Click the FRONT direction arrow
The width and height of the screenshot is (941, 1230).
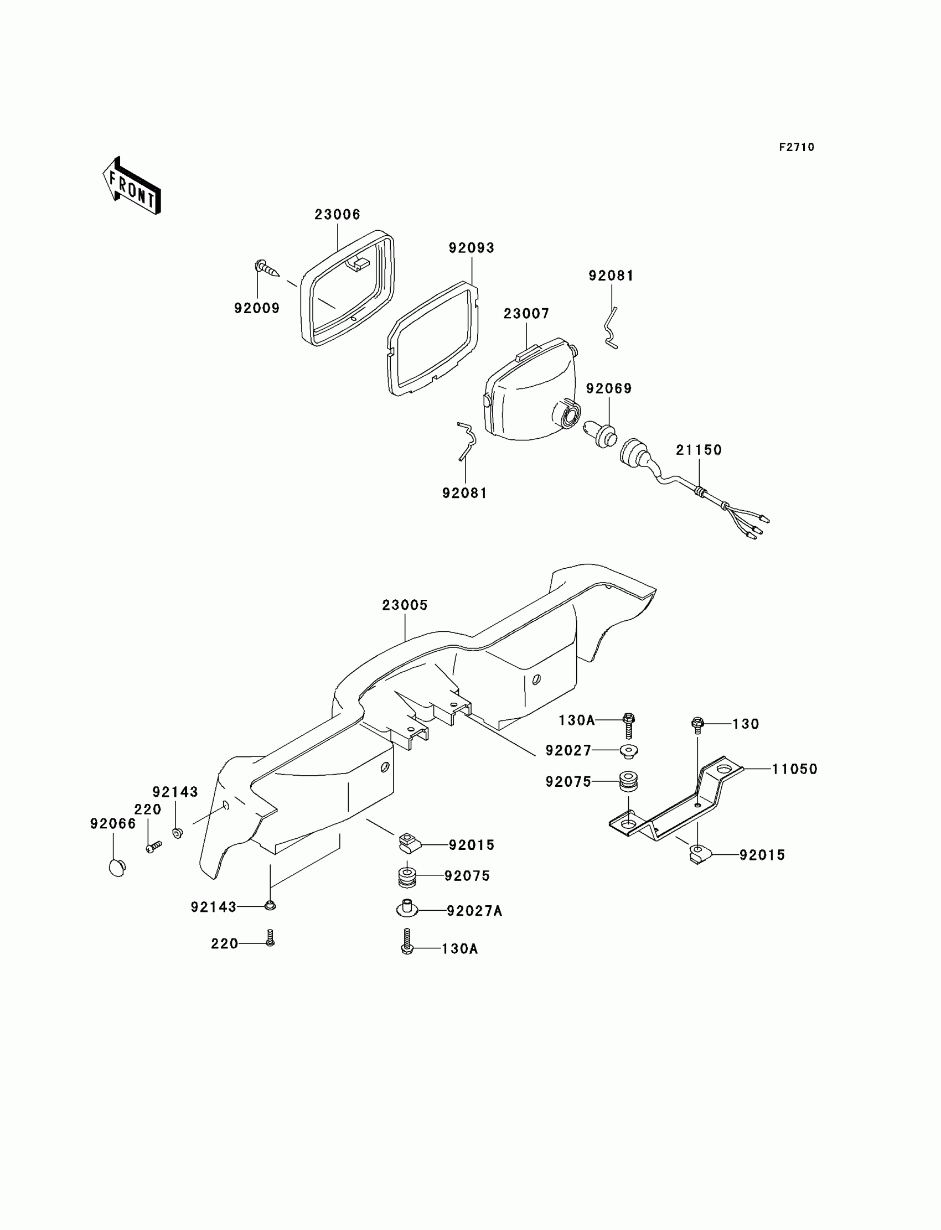[132, 186]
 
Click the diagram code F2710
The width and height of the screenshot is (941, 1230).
[797, 147]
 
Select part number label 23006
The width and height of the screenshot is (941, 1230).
[337, 215]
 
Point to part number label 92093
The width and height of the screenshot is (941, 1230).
[471, 248]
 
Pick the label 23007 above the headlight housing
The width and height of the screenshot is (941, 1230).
[526, 314]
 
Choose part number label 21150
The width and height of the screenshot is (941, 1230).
[699, 450]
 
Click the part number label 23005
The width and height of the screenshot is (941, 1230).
[405, 605]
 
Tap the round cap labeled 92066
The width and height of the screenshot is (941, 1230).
[117, 867]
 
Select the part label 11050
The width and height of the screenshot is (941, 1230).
[794, 769]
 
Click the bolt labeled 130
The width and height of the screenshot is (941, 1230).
[697, 724]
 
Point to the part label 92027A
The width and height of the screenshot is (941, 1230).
[474, 911]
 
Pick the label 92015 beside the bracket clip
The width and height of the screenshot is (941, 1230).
[762, 855]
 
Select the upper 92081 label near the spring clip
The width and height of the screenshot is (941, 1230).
[611, 276]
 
